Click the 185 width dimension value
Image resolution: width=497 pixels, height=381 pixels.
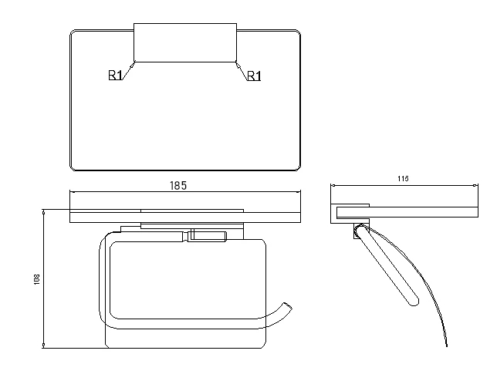(x=178, y=186)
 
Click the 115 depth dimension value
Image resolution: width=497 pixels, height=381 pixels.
(x=403, y=179)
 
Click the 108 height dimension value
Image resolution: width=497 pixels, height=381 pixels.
(x=37, y=279)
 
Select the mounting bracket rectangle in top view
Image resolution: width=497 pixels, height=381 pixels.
(x=185, y=42)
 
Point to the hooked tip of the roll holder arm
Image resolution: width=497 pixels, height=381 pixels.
(x=288, y=306)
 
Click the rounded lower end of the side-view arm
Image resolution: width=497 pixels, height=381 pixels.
(x=414, y=302)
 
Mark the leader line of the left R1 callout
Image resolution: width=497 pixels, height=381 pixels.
(x=128, y=71)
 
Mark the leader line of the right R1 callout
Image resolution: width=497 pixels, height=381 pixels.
(x=242, y=71)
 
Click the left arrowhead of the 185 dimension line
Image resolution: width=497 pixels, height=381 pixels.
(x=72, y=191)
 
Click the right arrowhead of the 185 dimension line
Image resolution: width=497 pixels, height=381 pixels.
(x=298, y=191)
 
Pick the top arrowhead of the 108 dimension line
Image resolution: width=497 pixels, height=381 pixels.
(x=43, y=211)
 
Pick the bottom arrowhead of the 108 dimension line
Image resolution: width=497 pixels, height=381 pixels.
(x=43, y=346)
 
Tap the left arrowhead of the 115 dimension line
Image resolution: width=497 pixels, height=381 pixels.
(x=333, y=185)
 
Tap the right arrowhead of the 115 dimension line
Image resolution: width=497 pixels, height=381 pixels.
(x=475, y=185)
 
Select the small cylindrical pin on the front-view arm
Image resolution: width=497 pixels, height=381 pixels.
(x=207, y=237)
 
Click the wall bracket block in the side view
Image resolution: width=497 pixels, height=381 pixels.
(x=350, y=214)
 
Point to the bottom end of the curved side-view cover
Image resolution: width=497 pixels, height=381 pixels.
(x=447, y=346)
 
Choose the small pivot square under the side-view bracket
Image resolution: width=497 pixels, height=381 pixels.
(x=357, y=231)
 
